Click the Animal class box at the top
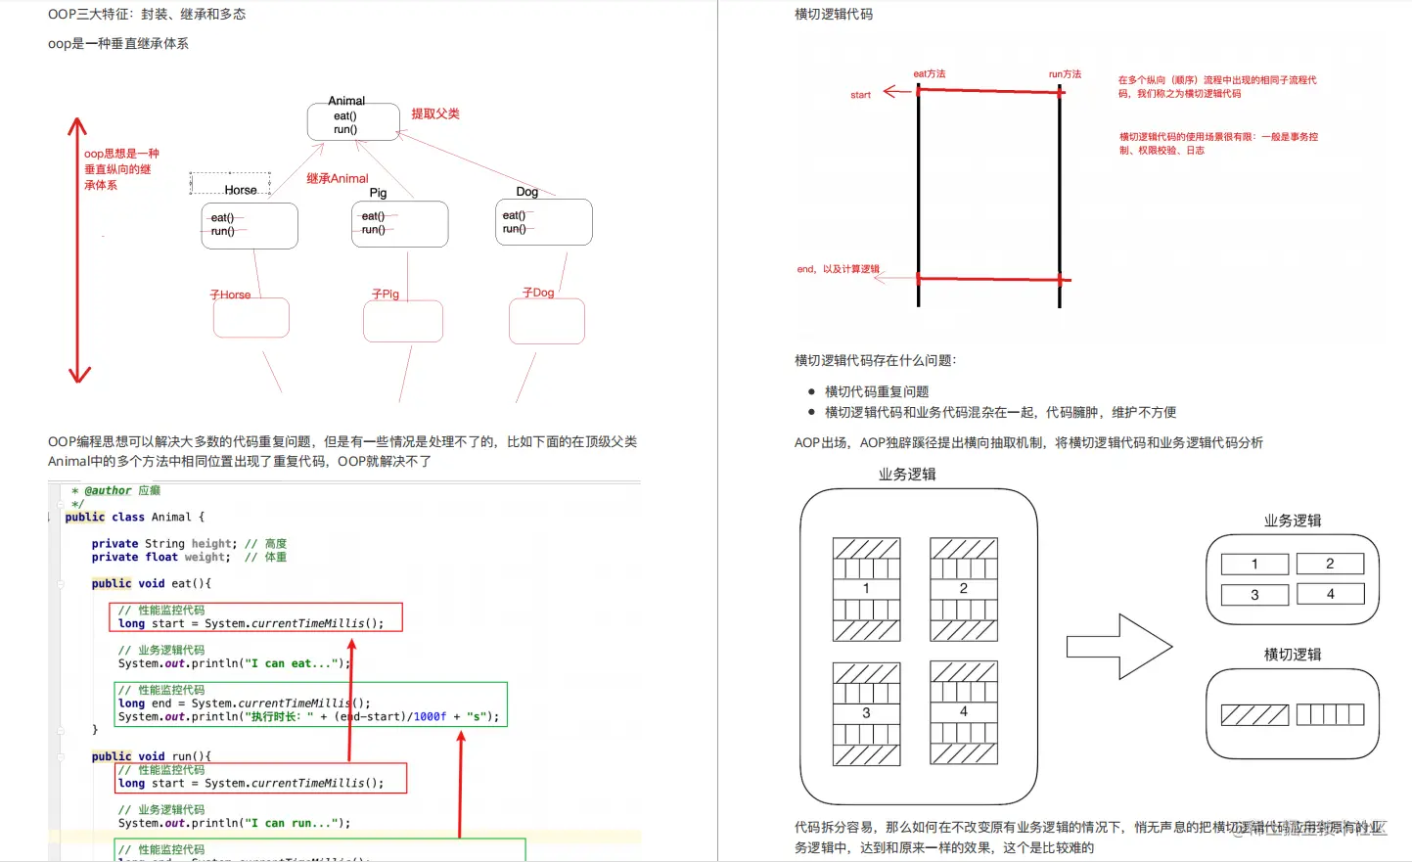353,121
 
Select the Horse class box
250,225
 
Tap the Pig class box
399,224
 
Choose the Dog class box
544,222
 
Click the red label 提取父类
435,113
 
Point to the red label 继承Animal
337,178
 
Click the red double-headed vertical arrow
78,250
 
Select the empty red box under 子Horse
251,317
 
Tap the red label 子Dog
538,293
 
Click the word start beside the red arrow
860,95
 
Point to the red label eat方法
929,73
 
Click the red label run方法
1065,73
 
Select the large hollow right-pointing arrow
1118,646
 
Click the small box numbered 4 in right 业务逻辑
1330,594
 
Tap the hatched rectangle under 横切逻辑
1254,715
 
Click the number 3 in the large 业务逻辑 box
866,712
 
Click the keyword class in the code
128,517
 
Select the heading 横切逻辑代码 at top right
834,15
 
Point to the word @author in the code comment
108,490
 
